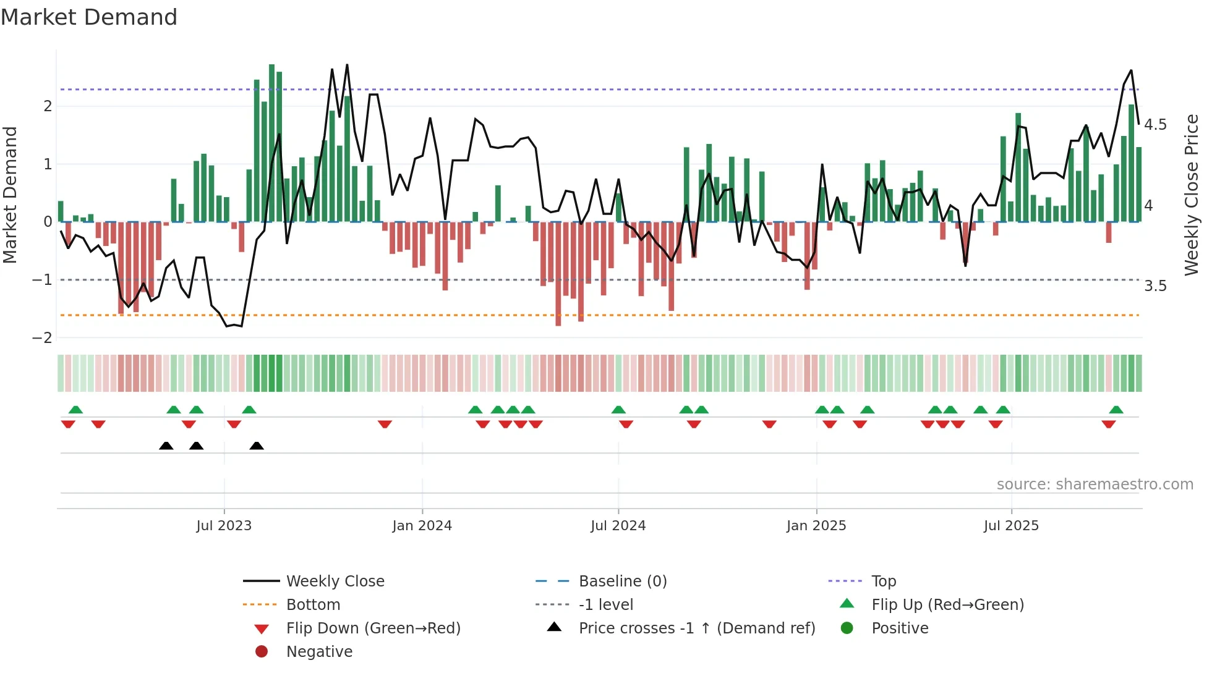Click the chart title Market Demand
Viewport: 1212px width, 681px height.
tap(89, 17)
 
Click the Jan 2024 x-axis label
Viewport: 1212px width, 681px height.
tap(422, 525)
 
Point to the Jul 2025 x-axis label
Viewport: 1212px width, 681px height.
tap(1011, 525)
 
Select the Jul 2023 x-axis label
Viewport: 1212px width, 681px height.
tap(224, 525)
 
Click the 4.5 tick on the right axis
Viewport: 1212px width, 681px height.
tap(1155, 125)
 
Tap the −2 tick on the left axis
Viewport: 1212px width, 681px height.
tap(43, 337)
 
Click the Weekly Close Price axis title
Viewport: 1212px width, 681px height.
tap(1191, 195)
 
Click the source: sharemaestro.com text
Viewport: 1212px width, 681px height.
tap(1095, 484)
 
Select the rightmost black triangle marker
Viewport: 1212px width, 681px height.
tap(257, 446)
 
